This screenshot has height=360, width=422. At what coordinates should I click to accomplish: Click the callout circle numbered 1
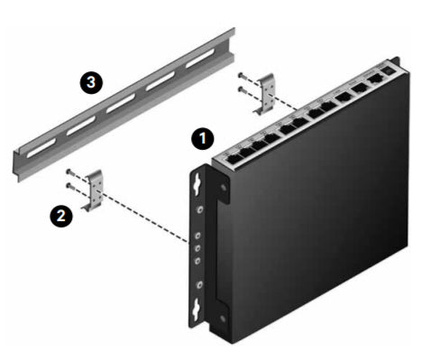coord(203,139)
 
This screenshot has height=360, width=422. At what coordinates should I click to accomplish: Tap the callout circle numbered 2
coord(61,216)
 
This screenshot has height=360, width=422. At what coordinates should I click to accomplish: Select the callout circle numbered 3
coord(91,82)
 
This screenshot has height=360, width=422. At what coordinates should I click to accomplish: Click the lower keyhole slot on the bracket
coord(197,309)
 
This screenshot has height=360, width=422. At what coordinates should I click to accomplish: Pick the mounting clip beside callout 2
coord(93,190)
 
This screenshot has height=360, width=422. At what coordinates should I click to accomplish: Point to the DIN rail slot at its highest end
coord(200,58)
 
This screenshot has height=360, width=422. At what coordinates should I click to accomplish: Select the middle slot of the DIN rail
coord(121,103)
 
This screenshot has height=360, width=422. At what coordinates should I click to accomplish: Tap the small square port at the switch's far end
coord(388,70)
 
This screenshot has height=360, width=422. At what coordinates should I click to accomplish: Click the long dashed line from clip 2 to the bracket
coord(143,217)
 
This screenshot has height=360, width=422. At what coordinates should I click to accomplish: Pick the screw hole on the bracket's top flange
coord(223,188)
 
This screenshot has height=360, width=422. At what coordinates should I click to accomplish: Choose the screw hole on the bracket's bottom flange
coord(223,318)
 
